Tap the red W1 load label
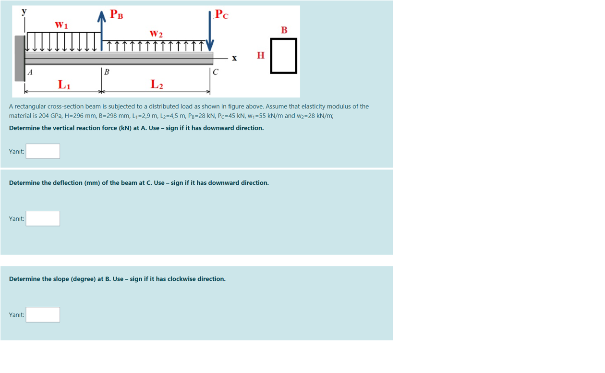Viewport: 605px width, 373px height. point(61,24)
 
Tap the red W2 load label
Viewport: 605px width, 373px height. point(156,34)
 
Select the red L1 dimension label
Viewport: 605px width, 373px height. point(64,84)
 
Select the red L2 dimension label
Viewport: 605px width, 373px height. point(157,84)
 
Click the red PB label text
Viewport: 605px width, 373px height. point(116,14)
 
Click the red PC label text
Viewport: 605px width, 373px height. point(221,14)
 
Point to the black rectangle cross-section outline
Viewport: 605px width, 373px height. point(283,56)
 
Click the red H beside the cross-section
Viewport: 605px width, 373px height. point(261,56)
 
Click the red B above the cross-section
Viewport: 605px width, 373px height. point(284,30)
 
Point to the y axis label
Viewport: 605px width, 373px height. point(24,11)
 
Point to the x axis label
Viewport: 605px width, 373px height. point(234,58)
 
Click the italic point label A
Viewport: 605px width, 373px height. point(31,72)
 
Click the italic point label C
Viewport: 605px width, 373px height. point(216,72)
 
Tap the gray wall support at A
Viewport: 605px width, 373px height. point(20,58)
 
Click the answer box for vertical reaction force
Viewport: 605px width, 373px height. point(43,151)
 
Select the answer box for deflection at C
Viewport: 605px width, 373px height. point(43,218)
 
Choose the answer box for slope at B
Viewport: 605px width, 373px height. point(43,314)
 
